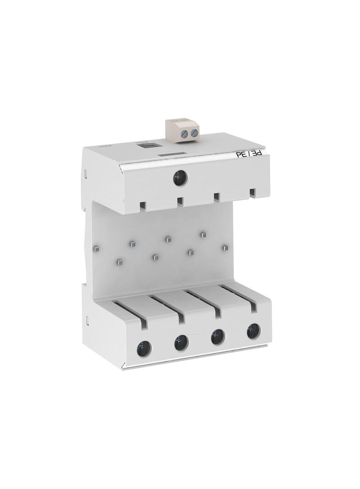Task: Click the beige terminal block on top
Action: click(182, 130)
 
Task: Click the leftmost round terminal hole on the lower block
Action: click(144, 348)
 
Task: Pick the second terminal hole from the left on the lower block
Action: click(181, 343)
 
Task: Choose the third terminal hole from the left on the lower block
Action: click(217, 337)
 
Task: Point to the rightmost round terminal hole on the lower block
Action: click(253, 331)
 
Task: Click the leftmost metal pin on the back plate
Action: click(96, 249)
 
